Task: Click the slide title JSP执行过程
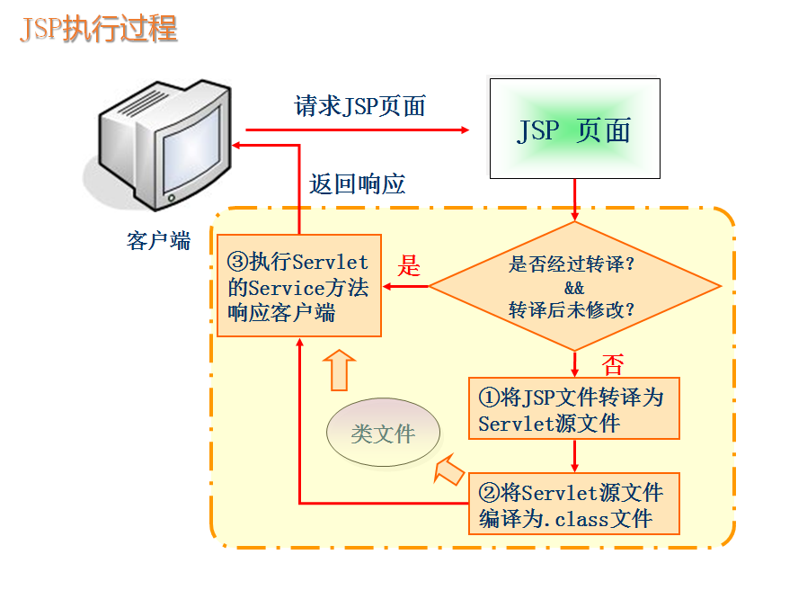pyautogui.click(x=99, y=30)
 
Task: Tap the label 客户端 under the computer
pyautogui.click(x=159, y=241)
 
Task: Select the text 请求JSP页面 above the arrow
pyautogui.click(x=359, y=106)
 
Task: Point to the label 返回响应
pyautogui.click(x=358, y=184)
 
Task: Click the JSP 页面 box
pyautogui.click(x=574, y=129)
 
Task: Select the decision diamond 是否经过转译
pyautogui.click(x=574, y=287)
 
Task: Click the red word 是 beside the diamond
pyautogui.click(x=409, y=266)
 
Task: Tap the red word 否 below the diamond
pyautogui.click(x=612, y=364)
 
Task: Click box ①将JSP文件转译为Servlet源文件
pyautogui.click(x=574, y=408)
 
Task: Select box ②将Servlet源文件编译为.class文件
pyautogui.click(x=574, y=504)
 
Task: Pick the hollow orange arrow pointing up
pyautogui.click(x=339, y=369)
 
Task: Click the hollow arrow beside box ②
pyautogui.click(x=448, y=469)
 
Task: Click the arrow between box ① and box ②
pyautogui.click(x=574, y=456)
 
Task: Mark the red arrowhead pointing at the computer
pyautogui.click(x=235, y=146)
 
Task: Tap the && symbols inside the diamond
pyautogui.click(x=574, y=289)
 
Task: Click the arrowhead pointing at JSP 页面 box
pyautogui.click(x=465, y=130)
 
